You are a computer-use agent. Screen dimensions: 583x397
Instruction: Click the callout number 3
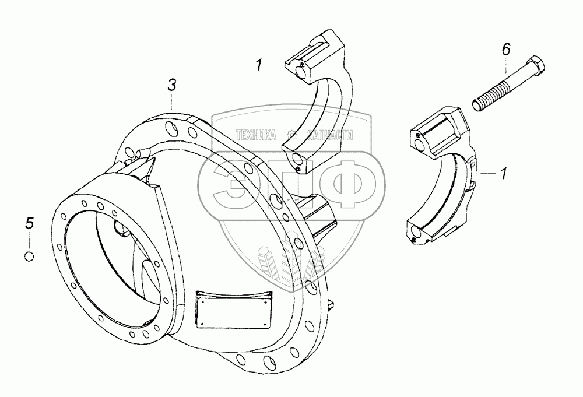171,85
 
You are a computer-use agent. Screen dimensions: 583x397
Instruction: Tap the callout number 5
30,223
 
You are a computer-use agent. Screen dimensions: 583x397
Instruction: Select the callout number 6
505,50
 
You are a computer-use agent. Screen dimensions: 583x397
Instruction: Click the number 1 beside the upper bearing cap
259,65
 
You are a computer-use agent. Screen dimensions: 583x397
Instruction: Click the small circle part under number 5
30,255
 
